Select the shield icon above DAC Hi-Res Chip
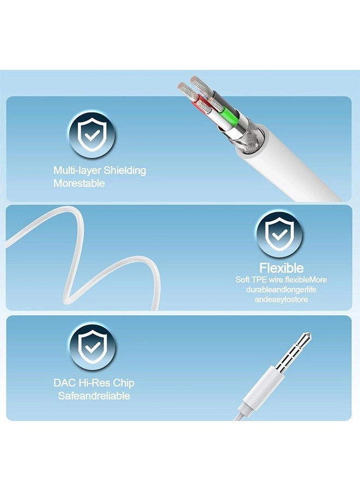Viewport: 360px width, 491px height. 92,347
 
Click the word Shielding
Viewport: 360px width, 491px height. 124,171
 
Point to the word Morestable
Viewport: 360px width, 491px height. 79,183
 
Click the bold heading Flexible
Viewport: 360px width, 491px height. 281,268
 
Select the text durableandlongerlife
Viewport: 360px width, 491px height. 281,289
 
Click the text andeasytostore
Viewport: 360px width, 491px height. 281,300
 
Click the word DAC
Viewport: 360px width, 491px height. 64,382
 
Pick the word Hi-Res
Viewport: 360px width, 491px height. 94,382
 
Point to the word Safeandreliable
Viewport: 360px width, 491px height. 94,396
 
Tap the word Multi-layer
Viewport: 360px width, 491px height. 77,171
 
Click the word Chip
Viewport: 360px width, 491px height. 124,384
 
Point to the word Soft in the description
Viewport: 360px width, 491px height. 242,279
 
